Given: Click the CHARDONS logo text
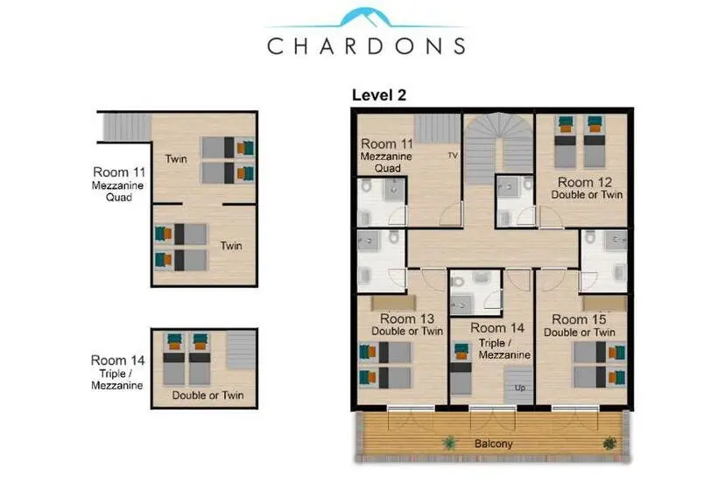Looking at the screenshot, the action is coord(366,46).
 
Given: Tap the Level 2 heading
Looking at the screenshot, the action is coord(378,95).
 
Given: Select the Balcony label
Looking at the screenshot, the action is coord(493,444).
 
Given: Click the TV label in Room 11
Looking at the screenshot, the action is coord(453,156).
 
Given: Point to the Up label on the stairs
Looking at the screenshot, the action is coord(520,388).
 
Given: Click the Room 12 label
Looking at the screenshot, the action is coord(585,182).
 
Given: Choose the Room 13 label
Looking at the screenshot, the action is coord(407,318).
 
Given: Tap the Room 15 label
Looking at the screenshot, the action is coord(579,319).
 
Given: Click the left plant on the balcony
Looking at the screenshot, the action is coord(450,443).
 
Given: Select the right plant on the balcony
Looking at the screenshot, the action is coord(609,443).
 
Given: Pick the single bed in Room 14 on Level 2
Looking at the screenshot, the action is coord(461,368).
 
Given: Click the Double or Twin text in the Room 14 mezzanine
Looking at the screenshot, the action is coord(208,395).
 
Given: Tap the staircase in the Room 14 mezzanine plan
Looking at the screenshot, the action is coord(241,350).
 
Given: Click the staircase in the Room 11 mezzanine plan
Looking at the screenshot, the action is coord(127,127).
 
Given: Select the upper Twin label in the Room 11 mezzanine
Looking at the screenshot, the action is coord(176,158).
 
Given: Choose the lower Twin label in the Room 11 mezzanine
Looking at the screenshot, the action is coord(231,246).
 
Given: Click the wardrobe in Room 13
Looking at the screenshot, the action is coord(393,303).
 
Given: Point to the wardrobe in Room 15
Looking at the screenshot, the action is coord(605,304).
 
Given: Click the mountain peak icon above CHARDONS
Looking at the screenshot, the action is coord(365,17).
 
